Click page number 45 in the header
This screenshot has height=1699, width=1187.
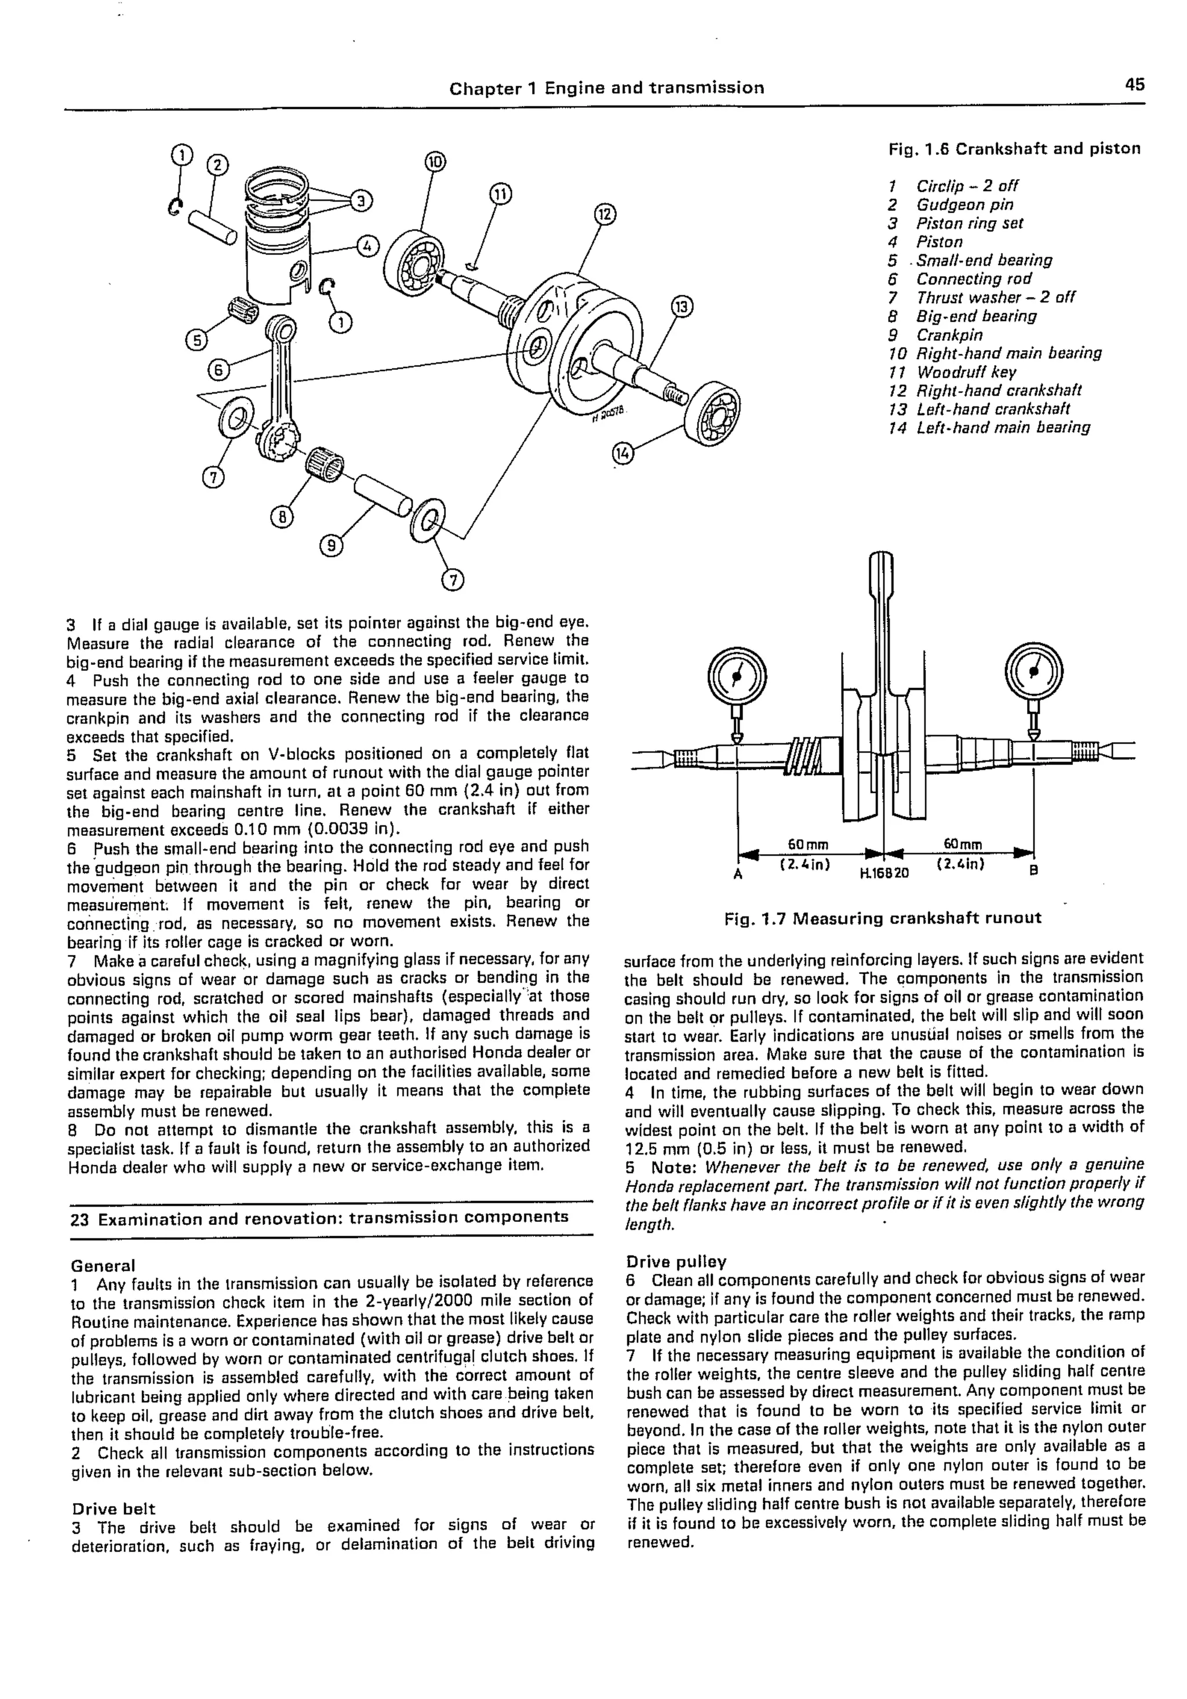[x=1134, y=85]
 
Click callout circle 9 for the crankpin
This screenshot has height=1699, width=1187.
[x=331, y=545]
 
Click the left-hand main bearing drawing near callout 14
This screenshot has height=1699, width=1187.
[x=712, y=414]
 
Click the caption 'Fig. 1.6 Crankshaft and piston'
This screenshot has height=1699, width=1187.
[x=1014, y=149]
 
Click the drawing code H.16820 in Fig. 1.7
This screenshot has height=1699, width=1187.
[x=884, y=872]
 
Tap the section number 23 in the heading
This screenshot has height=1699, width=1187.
[x=80, y=1218]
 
